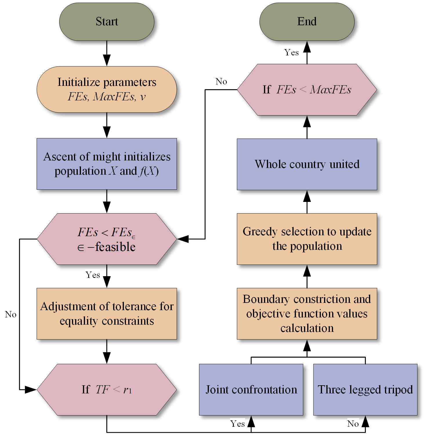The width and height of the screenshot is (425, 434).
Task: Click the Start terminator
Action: (107, 22)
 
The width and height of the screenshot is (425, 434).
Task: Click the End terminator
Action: (307, 22)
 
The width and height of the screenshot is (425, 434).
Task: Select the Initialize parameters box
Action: (107, 89)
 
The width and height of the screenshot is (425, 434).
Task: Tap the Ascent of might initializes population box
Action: (107, 164)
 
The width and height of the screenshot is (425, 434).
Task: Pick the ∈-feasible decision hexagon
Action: (107, 239)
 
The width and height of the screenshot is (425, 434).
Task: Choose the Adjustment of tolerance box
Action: (107, 314)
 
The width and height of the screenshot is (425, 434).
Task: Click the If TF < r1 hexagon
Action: (107, 390)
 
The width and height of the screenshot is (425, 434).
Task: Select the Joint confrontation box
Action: (251, 390)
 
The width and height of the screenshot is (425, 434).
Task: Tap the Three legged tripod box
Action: (365, 390)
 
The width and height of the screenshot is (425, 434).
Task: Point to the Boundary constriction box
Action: (307, 314)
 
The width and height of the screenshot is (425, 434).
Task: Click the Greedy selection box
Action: (307, 239)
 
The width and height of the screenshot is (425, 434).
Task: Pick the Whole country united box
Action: (307, 164)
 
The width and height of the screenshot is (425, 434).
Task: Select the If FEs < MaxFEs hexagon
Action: (307, 90)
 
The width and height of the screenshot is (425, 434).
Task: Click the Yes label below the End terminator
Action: (291, 53)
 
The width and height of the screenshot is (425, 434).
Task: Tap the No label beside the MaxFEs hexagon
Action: (221, 82)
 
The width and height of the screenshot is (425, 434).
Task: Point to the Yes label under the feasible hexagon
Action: (93, 275)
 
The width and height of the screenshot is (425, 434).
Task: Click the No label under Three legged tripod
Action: (353, 424)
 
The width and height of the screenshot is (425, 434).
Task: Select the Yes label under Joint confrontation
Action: (238, 424)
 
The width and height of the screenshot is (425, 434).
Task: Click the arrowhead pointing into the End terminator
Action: (307, 47)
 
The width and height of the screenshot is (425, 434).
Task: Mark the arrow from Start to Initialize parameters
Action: (107, 53)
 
